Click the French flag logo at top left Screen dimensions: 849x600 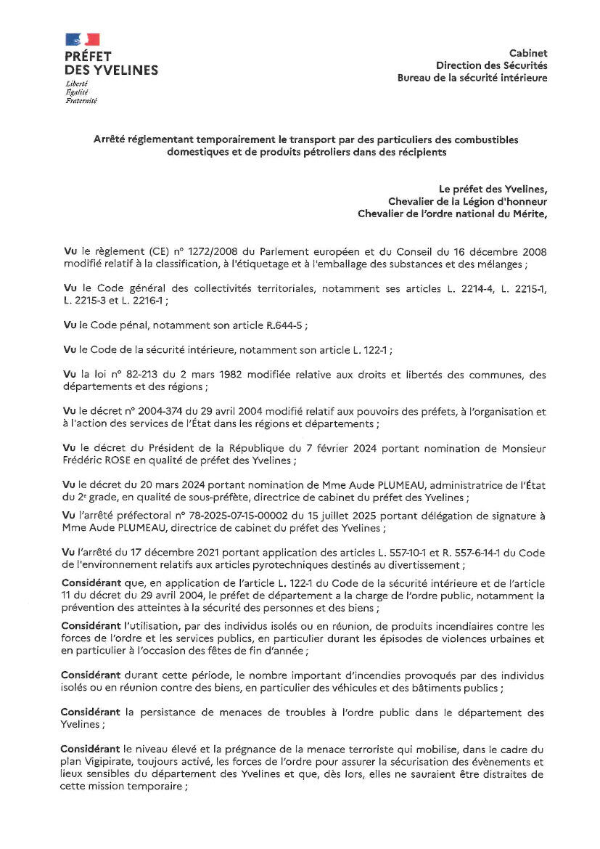click(x=82, y=39)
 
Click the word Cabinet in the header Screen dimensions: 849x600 click(x=528, y=53)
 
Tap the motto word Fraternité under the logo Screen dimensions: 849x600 click(x=81, y=100)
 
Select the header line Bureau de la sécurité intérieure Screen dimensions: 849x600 click(x=472, y=78)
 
